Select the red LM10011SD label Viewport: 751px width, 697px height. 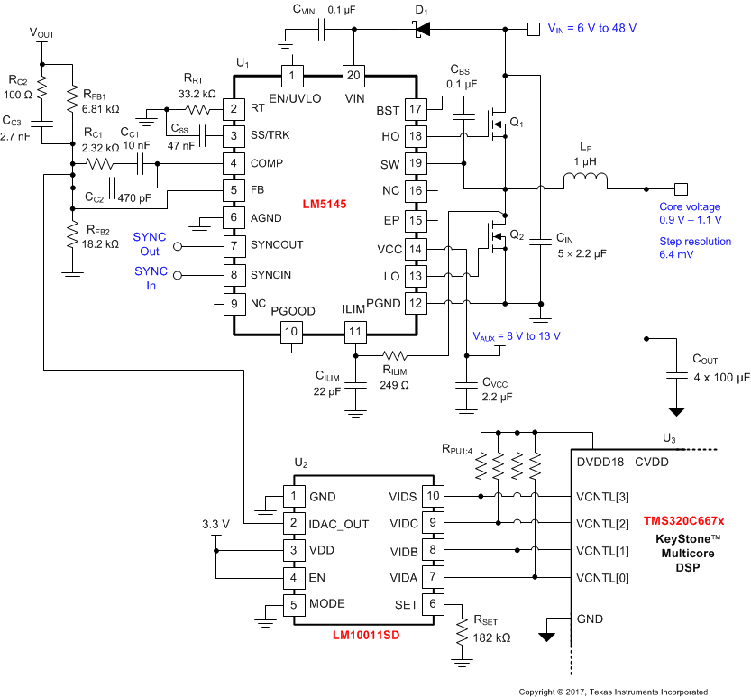(x=365, y=635)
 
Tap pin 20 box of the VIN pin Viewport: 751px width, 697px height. (x=353, y=74)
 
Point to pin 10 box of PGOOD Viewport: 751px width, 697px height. (x=291, y=332)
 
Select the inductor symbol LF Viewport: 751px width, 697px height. (x=586, y=183)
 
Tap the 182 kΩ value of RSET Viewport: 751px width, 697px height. (x=491, y=637)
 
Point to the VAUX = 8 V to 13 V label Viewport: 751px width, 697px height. (x=517, y=335)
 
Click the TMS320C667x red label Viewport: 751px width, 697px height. (x=690, y=521)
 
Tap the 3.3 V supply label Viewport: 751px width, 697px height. (x=215, y=524)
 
